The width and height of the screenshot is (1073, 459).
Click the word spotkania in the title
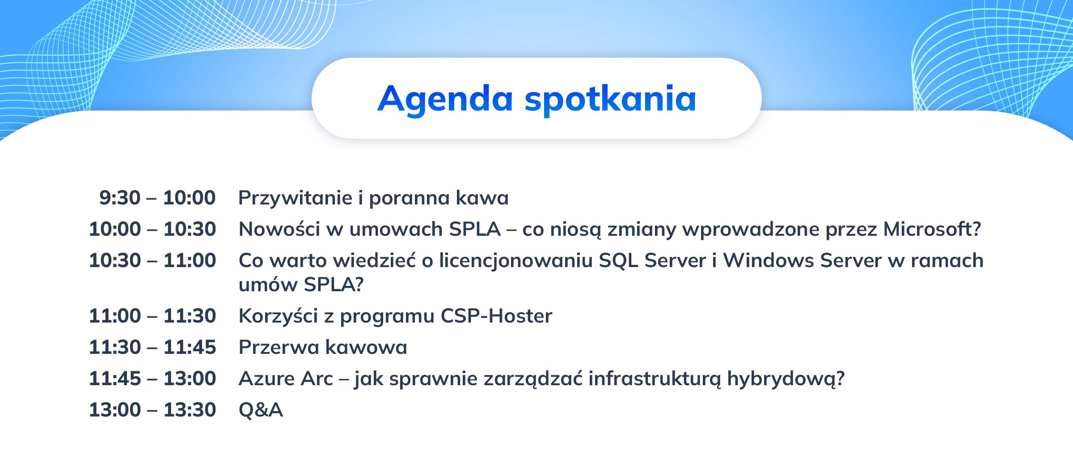[611, 100]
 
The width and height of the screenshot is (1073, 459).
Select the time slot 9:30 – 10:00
[157, 198]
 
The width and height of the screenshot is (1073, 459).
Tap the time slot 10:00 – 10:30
[152, 229]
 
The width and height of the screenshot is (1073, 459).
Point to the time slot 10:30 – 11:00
[152, 260]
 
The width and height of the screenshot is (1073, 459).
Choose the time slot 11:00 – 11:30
[152, 316]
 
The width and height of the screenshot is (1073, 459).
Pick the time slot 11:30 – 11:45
[152, 347]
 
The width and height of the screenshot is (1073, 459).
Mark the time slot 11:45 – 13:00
[152, 378]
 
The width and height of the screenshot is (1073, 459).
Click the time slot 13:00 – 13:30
[152, 410]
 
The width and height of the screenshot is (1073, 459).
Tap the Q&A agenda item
[261, 410]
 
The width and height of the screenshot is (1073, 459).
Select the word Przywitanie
[296, 198]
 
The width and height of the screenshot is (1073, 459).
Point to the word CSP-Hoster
[496, 316]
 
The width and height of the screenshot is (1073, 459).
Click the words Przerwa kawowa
[323, 347]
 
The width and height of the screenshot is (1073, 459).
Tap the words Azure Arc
[286, 378]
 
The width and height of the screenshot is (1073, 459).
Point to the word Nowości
[279, 229]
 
